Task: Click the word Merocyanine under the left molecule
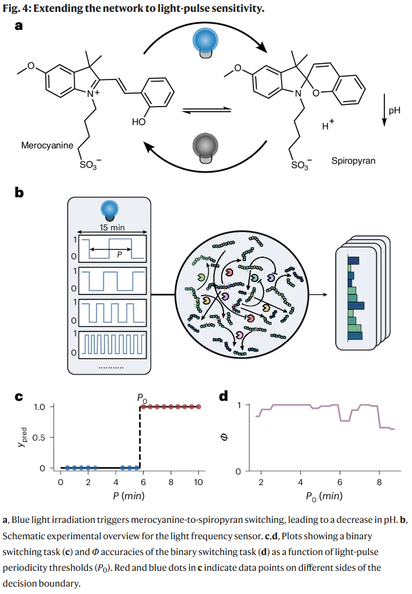click(x=47, y=146)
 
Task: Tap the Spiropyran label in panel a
click(x=353, y=161)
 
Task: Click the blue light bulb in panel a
click(x=205, y=43)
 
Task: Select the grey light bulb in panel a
click(x=205, y=148)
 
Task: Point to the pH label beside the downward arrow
click(x=394, y=111)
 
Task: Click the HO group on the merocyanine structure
click(x=139, y=122)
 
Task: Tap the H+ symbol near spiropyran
click(x=328, y=124)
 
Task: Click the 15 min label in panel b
click(x=112, y=227)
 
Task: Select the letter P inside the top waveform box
click(x=120, y=255)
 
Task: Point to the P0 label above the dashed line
click(x=142, y=398)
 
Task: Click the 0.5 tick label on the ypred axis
click(x=39, y=438)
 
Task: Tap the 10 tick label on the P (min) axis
click(x=198, y=482)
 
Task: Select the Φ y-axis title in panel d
click(x=224, y=437)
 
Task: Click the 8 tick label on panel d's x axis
click(x=379, y=482)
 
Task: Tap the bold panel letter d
click(x=223, y=396)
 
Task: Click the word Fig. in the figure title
click(x=11, y=8)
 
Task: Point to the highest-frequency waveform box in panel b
click(x=112, y=345)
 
